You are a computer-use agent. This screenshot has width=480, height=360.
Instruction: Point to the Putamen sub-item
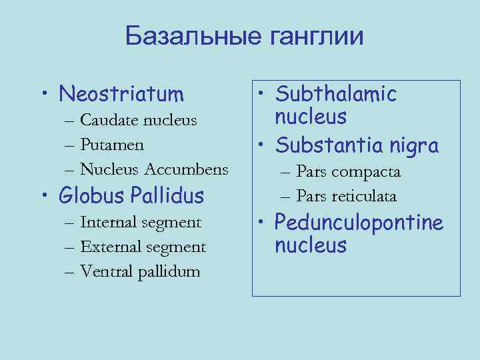click(113, 144)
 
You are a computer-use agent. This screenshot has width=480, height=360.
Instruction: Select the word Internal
click(109, 223)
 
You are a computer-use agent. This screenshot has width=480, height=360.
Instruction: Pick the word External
click(109, 247)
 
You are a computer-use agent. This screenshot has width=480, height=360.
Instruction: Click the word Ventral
click(106, 271)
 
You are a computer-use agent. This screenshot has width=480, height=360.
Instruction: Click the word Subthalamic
click(336, 94)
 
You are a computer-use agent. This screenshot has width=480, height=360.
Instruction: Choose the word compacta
click(367, 172)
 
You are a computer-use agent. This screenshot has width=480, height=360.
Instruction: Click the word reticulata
click(365, 196)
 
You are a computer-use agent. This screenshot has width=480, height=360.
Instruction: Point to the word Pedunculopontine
click(359, 222)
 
